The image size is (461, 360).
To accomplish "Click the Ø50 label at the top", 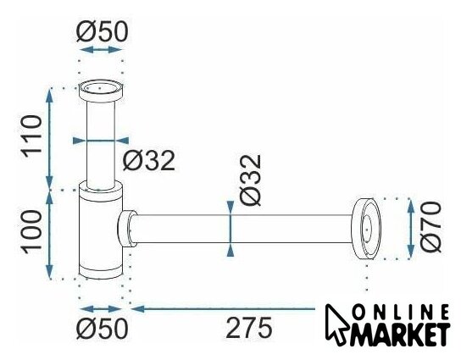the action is pyautogui.click(x=102, y=31).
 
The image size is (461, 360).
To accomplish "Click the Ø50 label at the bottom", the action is pyautogui.click(x=102, y=329).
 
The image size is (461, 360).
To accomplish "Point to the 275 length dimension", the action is pyautogui.click(x=249, y=328).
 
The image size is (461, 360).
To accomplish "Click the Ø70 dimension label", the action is pyautogui.click(x=430, y=227).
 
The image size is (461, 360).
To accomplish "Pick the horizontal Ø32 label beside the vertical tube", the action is pyautogui.click(x=149, y=160).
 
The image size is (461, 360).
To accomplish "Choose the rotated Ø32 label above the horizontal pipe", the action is pyautogui.click(x=250, y=180).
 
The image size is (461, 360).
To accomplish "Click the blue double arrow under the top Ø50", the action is pyautogui.click(x=101, y=50).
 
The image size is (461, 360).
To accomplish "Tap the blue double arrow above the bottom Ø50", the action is pyautogui.click(x=101, y=309).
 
